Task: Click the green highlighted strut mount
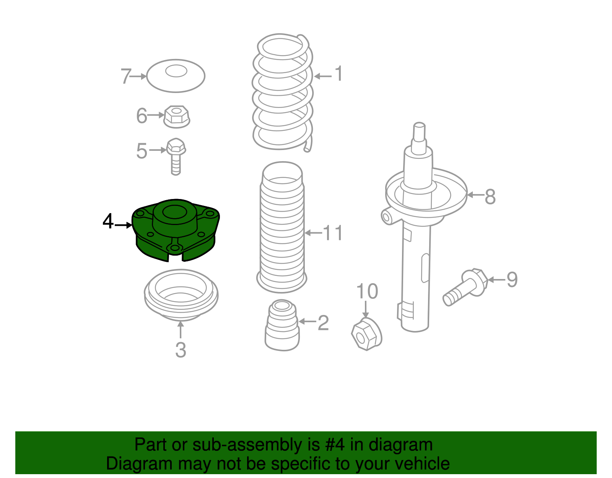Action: coord(175,230)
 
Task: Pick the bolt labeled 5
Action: coord(176,157)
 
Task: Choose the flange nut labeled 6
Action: coord(177,117)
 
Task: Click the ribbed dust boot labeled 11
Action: coord(282,227)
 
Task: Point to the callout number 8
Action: coord(490,196)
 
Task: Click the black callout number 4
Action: coord(108,221)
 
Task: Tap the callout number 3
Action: coord(181,350)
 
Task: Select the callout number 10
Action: coord(367,291)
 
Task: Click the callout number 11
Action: coord(333,233)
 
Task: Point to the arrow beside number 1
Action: coord(323,76)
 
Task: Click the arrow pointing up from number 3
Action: coord(181,330)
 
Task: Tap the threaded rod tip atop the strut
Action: coord(419,131)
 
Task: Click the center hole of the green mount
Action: coord(175,212)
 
